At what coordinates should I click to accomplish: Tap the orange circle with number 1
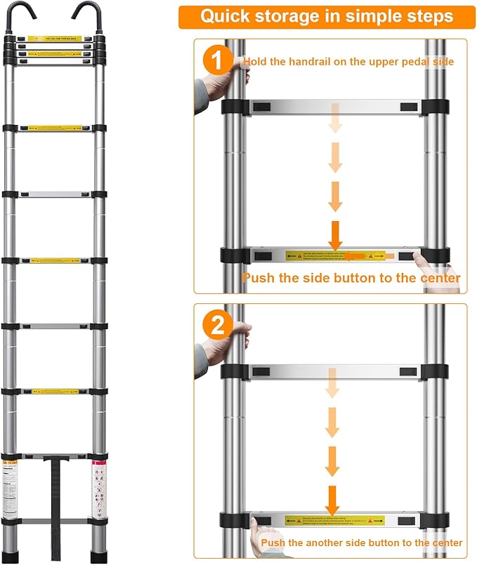[x=216, y=60]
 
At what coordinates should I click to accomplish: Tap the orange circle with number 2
[x=216, y=325]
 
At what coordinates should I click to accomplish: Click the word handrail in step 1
[x=300, y=62]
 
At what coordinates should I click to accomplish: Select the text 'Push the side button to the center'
[x=351, y=278]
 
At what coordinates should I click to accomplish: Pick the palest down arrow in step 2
[x=332, y=383]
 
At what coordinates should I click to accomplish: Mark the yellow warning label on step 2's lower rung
[x=334, y=521]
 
